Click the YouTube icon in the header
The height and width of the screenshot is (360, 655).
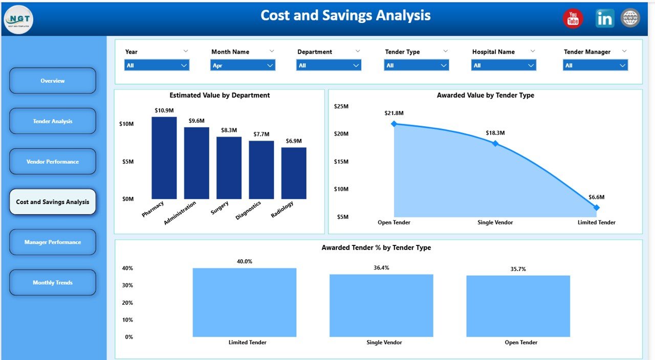573,19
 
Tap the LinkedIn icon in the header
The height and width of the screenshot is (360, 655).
604,18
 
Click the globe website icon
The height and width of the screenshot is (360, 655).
630,18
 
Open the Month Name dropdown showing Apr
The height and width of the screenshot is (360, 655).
243,65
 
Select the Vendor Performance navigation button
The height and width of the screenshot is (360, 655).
53,162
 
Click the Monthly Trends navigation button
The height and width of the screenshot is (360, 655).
53,283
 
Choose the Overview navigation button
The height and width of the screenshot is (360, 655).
53,81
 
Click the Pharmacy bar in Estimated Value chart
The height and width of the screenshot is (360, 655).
164,158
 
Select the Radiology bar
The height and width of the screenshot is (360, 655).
294,173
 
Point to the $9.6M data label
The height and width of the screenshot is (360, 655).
196,121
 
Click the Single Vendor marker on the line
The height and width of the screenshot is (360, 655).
495,144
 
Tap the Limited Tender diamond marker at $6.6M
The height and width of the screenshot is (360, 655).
596,208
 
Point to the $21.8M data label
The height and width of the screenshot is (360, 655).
394,113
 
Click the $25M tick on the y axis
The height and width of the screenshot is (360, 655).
341,106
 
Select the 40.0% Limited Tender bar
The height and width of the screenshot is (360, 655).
244,302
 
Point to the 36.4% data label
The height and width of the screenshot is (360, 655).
381,268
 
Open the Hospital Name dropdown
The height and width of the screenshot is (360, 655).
504,65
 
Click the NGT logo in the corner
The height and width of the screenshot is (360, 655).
18,19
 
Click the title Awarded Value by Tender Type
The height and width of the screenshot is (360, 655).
485,95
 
